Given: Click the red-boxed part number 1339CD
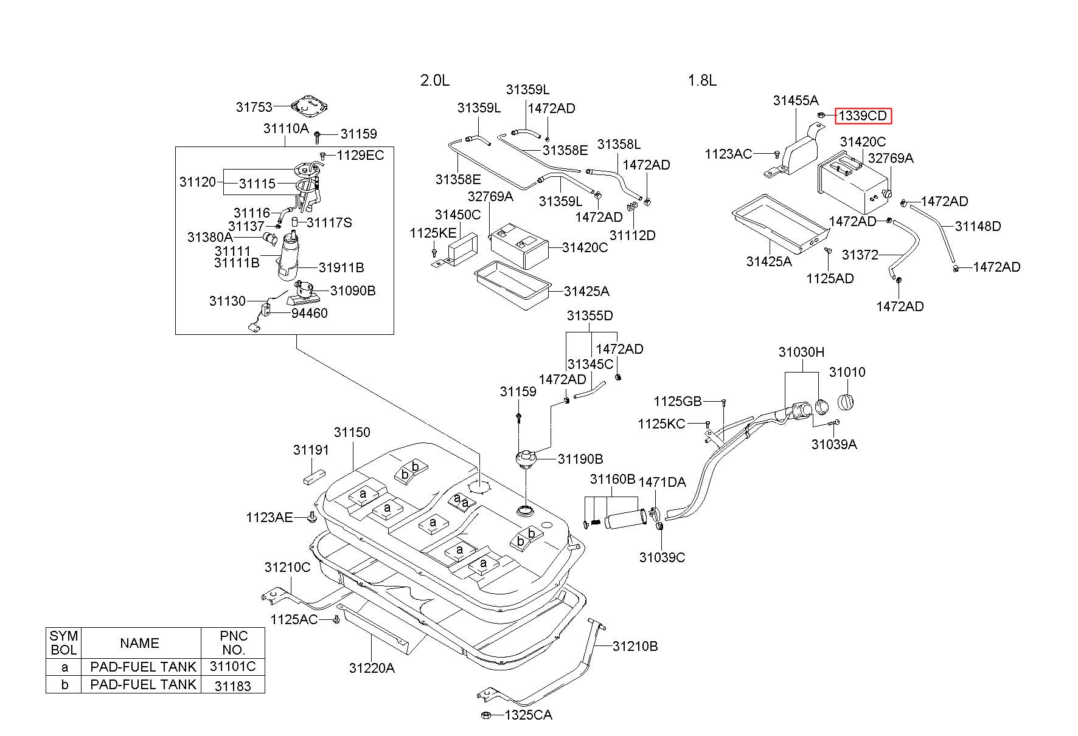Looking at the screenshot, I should pos(863,115).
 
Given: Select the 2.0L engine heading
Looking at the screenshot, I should pos(435,81).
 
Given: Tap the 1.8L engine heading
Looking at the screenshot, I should pos(702,81).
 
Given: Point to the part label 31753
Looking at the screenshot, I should pos(254,108).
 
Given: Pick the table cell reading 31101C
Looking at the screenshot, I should pos(233,666).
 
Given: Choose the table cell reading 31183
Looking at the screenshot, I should pos(233,685).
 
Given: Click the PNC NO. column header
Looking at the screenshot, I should pos(233,642).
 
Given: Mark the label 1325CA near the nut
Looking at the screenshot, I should pos(528,715).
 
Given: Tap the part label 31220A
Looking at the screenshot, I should pos(372,669).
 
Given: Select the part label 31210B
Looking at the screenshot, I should pos(635,646).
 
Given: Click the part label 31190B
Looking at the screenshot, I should pos(580,459).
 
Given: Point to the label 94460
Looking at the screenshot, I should pos(309,313).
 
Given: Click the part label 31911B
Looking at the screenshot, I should pos(341,267).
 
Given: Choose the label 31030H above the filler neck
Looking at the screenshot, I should pos(801,353).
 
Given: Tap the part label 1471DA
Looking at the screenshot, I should pos(662,483).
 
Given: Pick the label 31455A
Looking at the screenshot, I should pos(796,101).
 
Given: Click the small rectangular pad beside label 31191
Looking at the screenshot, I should pos(314,477).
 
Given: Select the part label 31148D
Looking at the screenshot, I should pos(978,227).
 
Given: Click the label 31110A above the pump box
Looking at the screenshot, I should pos(286,129).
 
